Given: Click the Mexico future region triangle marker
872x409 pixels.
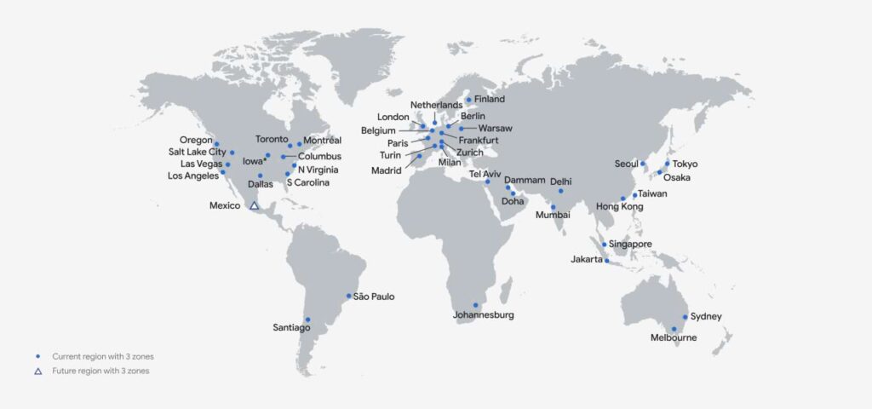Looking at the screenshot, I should (x=254, y=205).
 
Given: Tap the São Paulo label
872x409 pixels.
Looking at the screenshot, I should (x=374, y=297).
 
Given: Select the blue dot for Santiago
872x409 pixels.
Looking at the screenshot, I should (x=308, y=320).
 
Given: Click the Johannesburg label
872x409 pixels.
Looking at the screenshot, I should (x=483, y=315).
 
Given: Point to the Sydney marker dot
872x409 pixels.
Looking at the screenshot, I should (x=685, y=317).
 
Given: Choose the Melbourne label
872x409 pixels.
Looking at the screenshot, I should (x=674, y=338).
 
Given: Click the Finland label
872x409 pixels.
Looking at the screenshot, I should (x=490, y=100).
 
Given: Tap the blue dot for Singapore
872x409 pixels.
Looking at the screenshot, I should (x=605, y=245).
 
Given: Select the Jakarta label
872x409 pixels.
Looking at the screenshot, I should (x=587, y=259).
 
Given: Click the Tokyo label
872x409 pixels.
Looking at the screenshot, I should (x=685, y=164).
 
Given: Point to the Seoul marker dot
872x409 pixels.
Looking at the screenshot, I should (x=643, y=164).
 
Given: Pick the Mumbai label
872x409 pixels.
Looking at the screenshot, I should (x=553, y=216).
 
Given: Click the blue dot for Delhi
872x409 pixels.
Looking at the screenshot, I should (x=560, y=191).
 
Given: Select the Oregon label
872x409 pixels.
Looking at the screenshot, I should (x=196, y=140).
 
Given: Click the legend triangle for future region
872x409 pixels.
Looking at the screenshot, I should (x=37, y=372).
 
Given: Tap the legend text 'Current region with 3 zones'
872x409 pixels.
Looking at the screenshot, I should (x=103, y=355).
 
